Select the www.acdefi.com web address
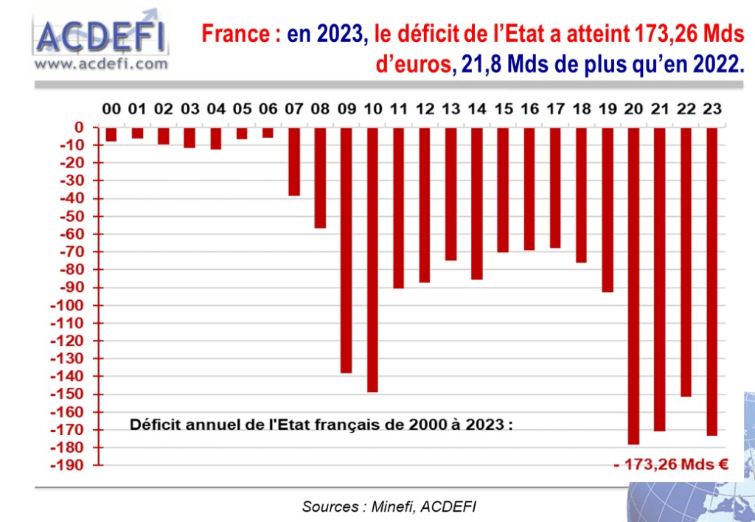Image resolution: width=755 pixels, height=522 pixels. coord(101,64)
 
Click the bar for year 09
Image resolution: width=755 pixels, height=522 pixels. coord(346,250)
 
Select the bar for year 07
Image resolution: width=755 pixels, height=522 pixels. coord(294,161)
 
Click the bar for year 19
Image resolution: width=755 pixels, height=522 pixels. coord(607,209)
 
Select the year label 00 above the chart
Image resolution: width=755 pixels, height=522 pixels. coord(111,109)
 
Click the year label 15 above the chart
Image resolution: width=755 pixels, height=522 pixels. coord(503,109)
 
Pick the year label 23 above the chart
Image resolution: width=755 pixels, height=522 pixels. coord(711,109)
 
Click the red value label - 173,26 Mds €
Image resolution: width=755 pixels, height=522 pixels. coord(670,464)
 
